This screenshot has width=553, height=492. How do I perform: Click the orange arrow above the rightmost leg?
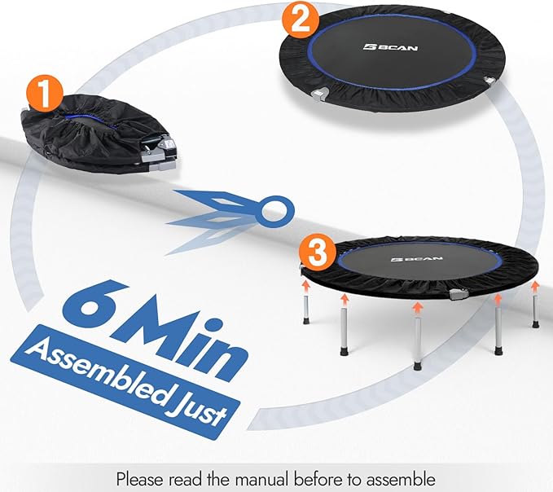(535, 287)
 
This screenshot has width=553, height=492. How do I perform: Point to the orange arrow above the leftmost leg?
(306, 285)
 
